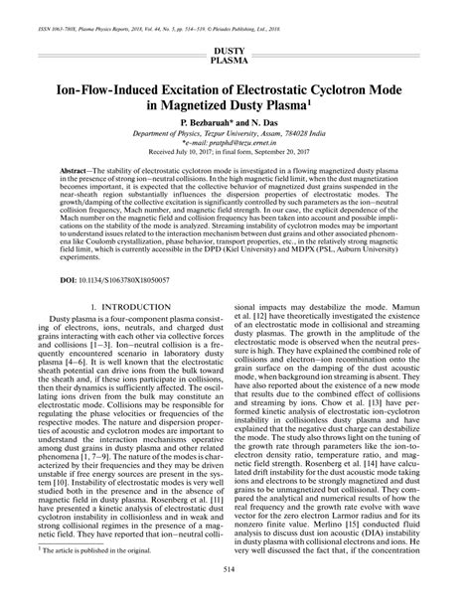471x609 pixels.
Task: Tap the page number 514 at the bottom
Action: pyautogui.click(x=235, y=596)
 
